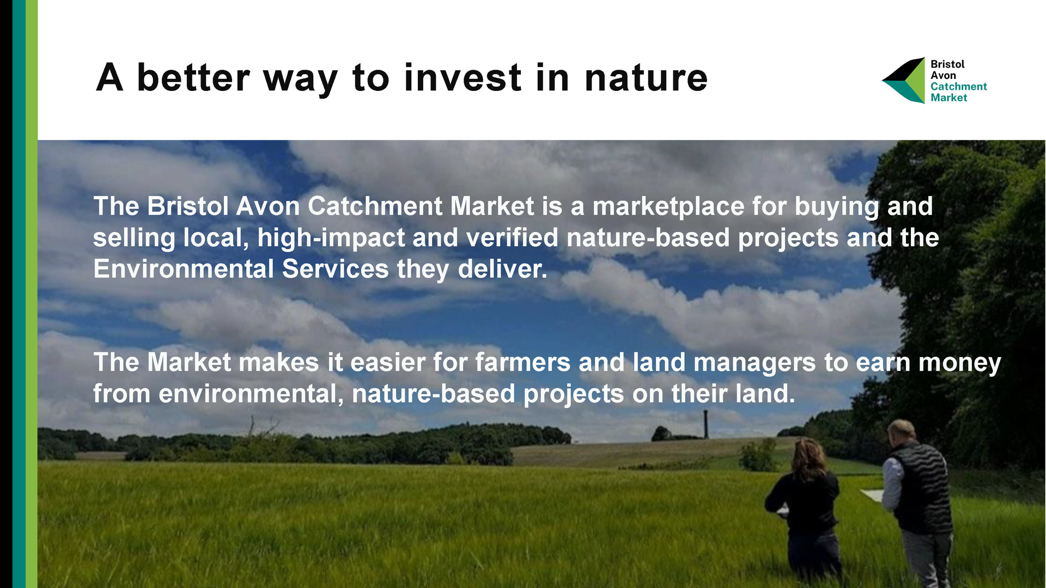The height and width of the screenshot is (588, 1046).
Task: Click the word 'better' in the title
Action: coord(193,77)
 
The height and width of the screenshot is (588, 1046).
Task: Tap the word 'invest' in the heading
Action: coord(463,77)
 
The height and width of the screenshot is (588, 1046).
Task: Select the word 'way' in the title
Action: coord(301,82)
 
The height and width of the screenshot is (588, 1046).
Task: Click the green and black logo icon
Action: coord(903,81)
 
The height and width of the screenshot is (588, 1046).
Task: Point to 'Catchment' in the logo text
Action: coord(958,87)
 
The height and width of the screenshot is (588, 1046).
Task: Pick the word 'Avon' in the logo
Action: coord(943,76)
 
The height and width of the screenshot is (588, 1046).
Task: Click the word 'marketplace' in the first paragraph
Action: coord(668,207)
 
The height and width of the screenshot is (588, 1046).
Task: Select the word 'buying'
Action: coord(837,207)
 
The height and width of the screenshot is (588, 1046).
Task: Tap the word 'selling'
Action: coord(134,238)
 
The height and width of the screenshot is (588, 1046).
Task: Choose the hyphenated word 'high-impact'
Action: coord(331,238)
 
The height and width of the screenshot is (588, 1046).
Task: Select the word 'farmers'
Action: coord(522,363)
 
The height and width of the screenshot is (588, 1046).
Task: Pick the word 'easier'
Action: coord(387,363)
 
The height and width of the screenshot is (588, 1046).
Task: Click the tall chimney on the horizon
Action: coord(706,424)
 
